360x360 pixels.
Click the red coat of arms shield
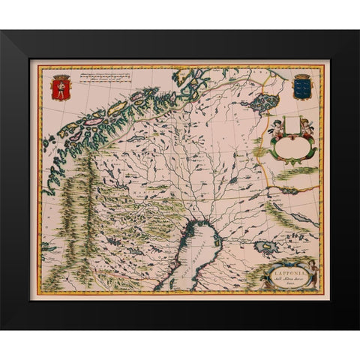click(x=60, y=90)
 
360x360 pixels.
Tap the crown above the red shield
click(x=60, y=76)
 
